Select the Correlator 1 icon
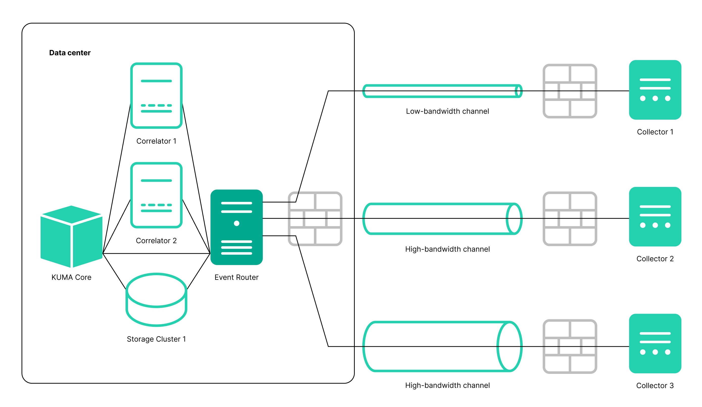point(156,95)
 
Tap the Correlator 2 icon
point(156,195)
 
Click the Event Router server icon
point(237,227)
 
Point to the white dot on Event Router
point(237,223)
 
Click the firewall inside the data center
point(315,219)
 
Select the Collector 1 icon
point(655,90)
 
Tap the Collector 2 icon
point(655,217)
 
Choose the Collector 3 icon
point(655,344)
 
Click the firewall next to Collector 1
point(570,91)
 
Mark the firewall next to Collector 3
point(570,346)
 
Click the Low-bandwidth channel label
point(447,111)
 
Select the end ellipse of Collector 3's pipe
point(509,346)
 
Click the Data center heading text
point(70,53)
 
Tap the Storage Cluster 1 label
point(156,339)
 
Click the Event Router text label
point(237,277)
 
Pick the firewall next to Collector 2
point(570,219)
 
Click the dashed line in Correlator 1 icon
point(156,105)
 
